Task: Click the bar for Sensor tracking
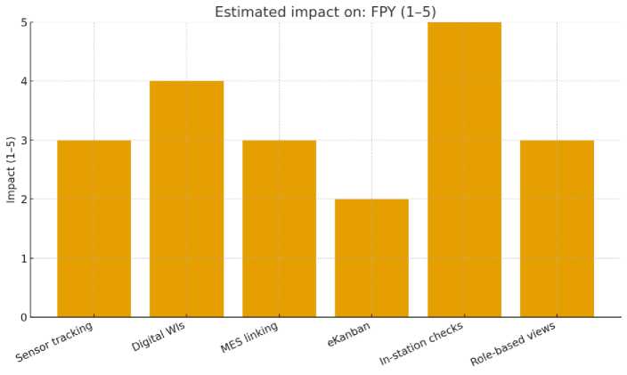(x=94, y=229)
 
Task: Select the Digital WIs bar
(x=186, y=200)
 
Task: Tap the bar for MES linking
(x=279, y=229)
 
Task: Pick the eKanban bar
(x=371, y=258)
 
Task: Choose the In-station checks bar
(x=464, y=169)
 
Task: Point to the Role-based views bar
(x=557, y=229)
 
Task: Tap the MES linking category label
(x=250, y=338)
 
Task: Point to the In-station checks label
(x=421, y=344)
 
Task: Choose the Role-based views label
(x=513, y=344)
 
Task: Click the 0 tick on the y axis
(x=23, y=317)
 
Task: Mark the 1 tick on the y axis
(x=23, y=258)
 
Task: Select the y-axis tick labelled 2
(x=23, y=200)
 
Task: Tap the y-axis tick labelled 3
(x=23, y=141)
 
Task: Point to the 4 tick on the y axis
(x=23, y=81)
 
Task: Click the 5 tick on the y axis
(x=23, y=22)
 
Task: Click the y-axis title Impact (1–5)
(x=11, y=169)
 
